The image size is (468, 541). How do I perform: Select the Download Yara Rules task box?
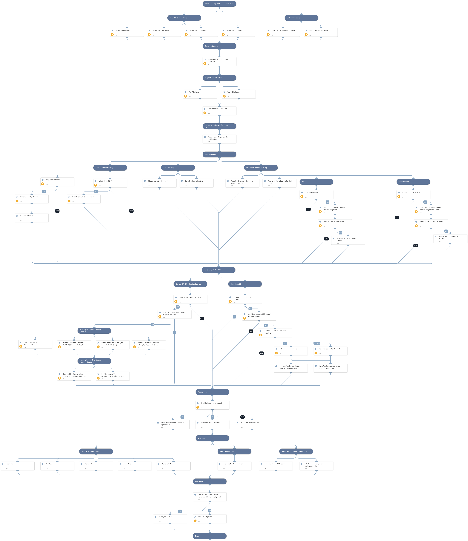pos(127,32)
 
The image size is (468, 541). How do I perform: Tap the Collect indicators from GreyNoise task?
pos(283,32)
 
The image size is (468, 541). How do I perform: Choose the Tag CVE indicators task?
pos(239,94)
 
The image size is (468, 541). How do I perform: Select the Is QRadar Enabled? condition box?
pos(57,182)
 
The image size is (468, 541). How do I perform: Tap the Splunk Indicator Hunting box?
pos(196,183)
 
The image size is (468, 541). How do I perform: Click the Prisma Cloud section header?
pos(413,182)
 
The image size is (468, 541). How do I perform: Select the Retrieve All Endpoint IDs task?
pos(291,351)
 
